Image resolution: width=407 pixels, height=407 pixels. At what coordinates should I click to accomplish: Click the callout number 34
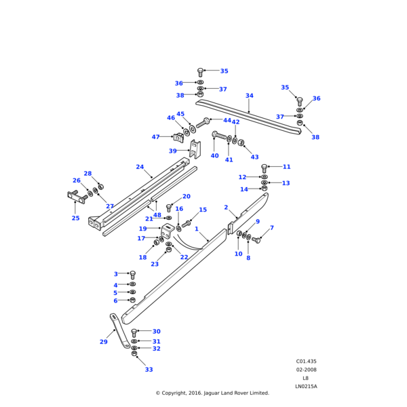pyautogui.click(x=249, y=96)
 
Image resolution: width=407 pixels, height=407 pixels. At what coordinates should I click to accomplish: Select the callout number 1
pyautogui.click(x=197, y=229)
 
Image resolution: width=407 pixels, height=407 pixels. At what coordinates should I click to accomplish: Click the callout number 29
pyautogui.click(x=104, y=342)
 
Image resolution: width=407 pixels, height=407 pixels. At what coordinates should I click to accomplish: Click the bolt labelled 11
pyautogui.click(x=265, y=168)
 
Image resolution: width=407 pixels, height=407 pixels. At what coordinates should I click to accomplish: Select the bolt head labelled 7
pyautogui.click(x=257, y=239)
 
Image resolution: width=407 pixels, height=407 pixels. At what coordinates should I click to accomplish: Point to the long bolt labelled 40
pyautogui.click(x=218, y=136)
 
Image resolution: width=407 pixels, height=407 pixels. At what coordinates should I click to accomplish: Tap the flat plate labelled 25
pyautogui.click(x=75, y=197)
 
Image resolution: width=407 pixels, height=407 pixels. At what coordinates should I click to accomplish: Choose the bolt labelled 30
pyautogui.click(x=134, y=332)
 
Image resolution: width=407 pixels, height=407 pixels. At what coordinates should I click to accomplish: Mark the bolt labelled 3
pyautogui.click(x=132, y=275)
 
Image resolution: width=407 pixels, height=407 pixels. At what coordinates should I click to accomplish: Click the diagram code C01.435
pyautogui.click(x=305, y=362)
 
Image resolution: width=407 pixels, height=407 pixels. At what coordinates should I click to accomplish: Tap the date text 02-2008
pyautogui.click(x=305, y=370)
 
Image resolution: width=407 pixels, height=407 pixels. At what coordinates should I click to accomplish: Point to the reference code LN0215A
pyautogui.click(x=306, y=386)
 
